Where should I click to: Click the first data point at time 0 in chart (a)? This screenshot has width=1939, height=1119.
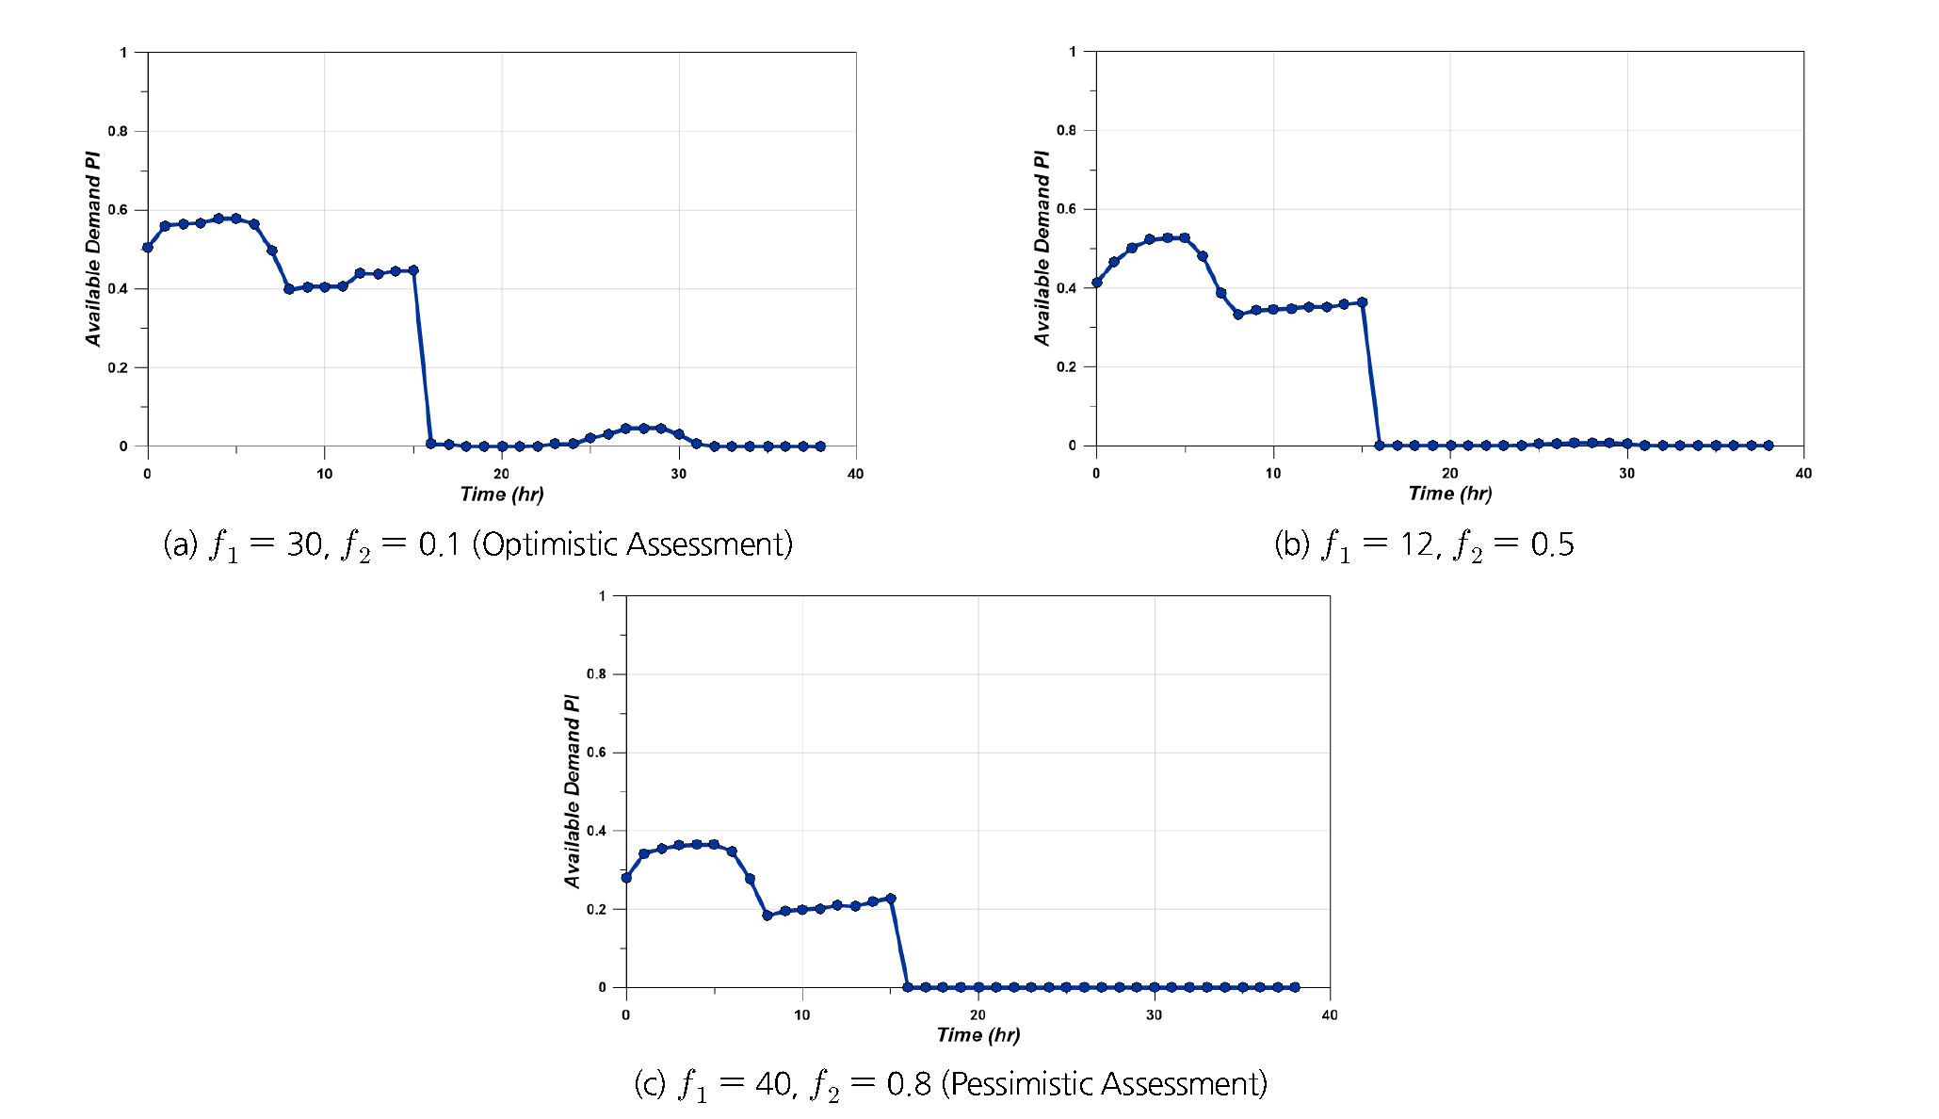pos(148,248)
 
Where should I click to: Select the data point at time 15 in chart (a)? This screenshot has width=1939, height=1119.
pos(413,270)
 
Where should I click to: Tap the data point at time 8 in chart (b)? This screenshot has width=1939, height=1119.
pos(1238,315)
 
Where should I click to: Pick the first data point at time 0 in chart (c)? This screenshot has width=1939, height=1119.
pos(626,878)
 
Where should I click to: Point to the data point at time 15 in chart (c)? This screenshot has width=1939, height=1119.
pos(891,899)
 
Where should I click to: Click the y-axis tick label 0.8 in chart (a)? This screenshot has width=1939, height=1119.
pos(118,131)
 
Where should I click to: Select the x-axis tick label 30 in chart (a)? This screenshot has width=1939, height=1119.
pos(678,474)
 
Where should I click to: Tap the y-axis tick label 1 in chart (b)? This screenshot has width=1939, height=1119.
pos(1073,52)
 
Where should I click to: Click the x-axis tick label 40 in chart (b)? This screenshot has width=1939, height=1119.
pos(1803,473)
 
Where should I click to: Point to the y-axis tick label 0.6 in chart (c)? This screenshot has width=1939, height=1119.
pos(596,753)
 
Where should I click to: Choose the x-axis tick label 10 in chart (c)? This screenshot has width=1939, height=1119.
pos(801,1014)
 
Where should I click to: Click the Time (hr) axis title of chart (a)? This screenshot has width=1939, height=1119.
pos(501,495)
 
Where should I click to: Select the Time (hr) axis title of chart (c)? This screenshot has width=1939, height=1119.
pos(978,1035)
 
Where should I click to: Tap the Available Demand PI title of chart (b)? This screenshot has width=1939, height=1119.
pos(1042,248)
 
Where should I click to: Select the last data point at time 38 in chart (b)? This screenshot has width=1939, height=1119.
pos(1768,446)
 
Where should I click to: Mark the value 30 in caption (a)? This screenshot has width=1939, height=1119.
pos(304,544)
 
